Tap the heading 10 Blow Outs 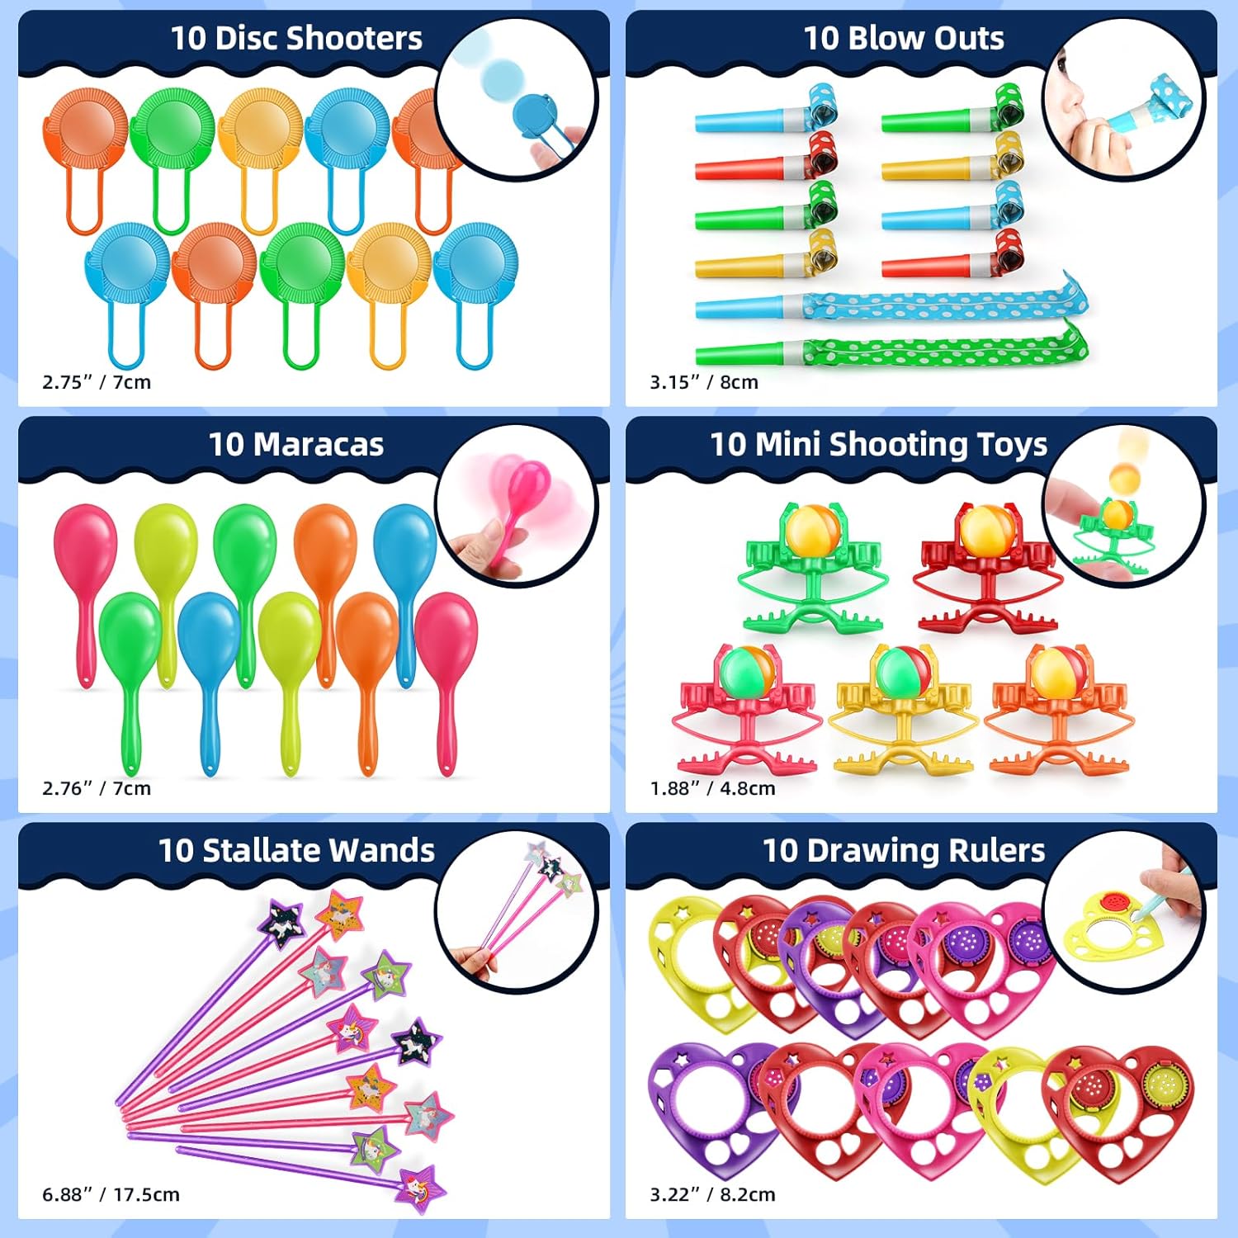[904, 39]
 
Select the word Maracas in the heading [319, 445]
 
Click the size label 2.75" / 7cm [97, 382]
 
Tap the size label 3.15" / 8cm [704, 382]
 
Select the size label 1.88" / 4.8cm [712, 788]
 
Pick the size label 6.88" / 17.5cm [111, 1194]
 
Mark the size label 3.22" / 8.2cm [712, 1194]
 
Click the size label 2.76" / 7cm [97, 788]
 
